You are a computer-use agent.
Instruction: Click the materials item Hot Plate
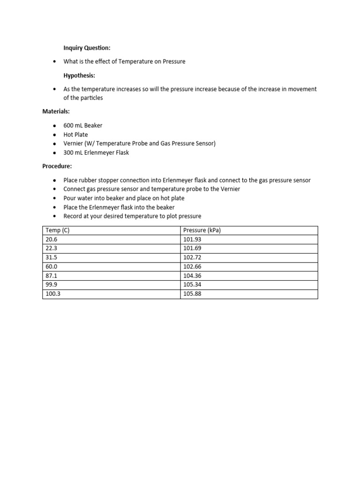coord(75,135)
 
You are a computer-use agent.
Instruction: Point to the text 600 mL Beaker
coord(83,126)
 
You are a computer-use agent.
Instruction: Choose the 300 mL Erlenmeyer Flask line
coord(96,152)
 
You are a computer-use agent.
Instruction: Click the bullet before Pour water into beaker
coord(55,198)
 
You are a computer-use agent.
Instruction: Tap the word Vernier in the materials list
coord(73,143)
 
